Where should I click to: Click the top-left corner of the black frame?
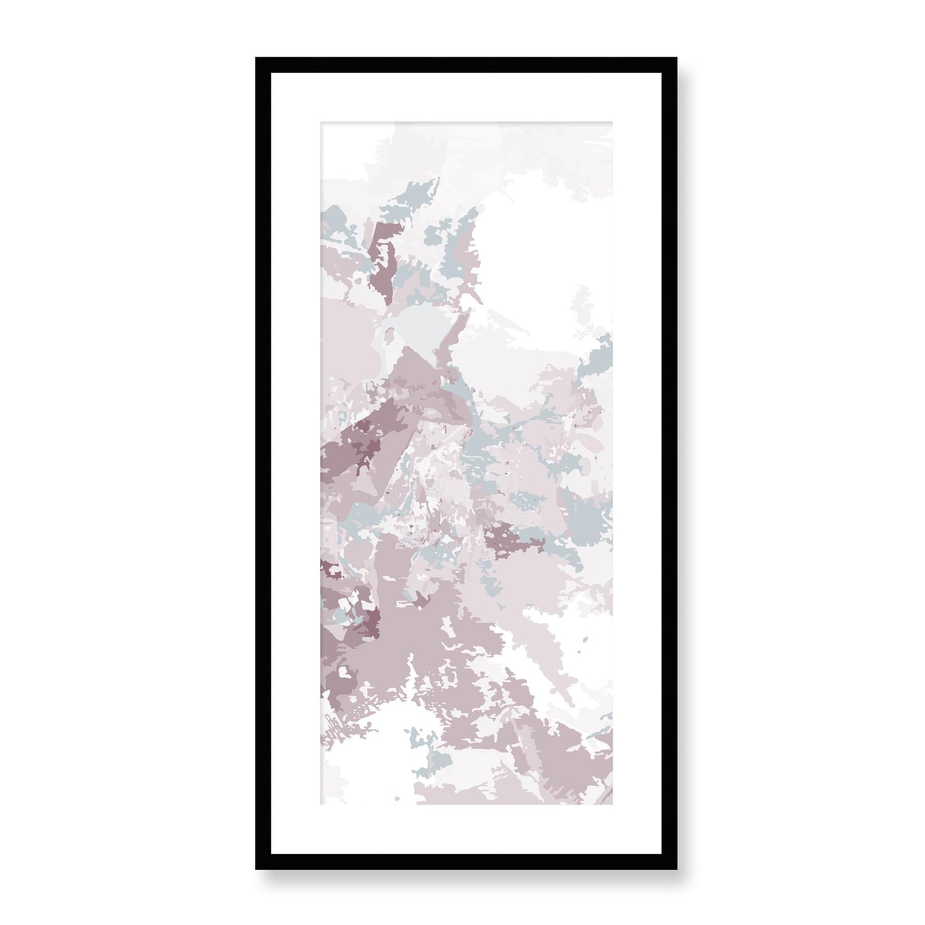257,58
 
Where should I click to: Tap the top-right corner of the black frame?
675,58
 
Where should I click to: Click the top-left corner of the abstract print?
321,123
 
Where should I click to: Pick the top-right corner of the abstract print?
612,123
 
